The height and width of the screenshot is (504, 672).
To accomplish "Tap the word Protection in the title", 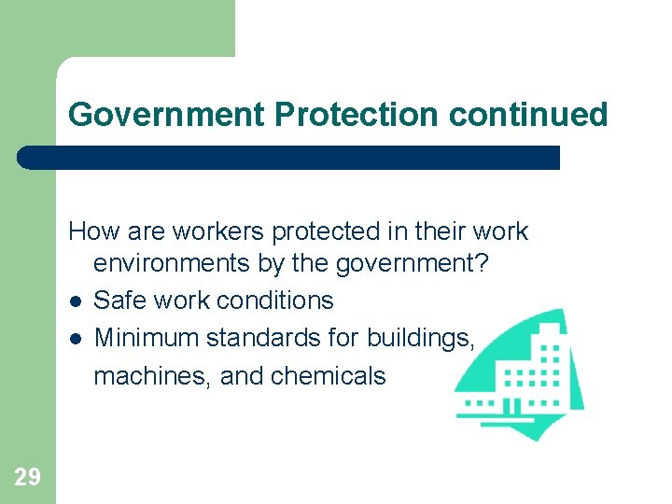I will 357,115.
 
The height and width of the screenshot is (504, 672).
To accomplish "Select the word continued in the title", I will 528,115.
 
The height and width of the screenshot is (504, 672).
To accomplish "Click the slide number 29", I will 28,478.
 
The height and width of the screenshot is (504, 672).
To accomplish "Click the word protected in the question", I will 318,231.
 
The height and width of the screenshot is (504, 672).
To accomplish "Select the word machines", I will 142,376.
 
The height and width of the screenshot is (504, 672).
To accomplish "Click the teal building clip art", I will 523,373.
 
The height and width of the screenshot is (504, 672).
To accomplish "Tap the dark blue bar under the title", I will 289,157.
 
